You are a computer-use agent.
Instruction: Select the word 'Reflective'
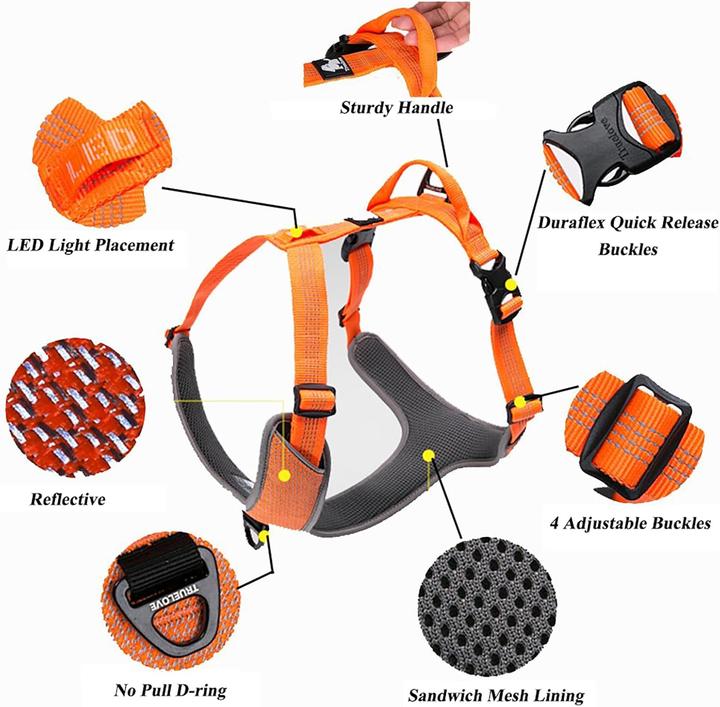[68, 498]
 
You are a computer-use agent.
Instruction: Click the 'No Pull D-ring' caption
[170, 690]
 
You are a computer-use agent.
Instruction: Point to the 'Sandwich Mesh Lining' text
[496, 694]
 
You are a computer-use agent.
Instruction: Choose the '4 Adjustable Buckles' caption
[631, 522]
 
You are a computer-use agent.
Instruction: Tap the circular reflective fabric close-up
[68, 406]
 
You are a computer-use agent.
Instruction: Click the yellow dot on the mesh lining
[428, 455]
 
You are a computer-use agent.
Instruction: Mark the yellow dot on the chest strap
[285, 476]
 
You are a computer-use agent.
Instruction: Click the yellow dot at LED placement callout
[297, 232]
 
